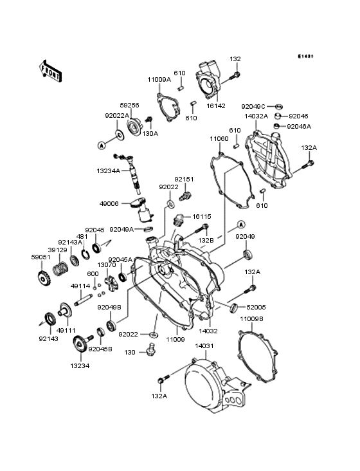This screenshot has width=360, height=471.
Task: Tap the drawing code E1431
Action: pyautogui.click(x=305, y=57)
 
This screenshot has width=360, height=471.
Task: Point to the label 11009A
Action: pyautogui.click(x=159, y=79)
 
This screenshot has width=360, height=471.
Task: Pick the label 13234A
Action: pyautogui.click(x=109, y=171)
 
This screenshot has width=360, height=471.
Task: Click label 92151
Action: pyautogui.click(x=183, y=180)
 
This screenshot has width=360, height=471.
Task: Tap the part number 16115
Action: pyautogui.click(x=201, y=217)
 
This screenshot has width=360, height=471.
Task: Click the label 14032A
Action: pyautogui.click(x=256, y=116)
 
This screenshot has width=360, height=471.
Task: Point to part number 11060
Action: pyautogui.click(x=219, y=138)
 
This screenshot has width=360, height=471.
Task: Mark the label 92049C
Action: pyautogui.click(x=253, y=106)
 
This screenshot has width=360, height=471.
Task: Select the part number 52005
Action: pyautogui.click(x=255, y=308)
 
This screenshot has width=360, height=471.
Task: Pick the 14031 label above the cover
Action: pyautogui.click(x=204, y=346)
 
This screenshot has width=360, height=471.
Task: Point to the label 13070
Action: pyautogui.click(x=107, y=264)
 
